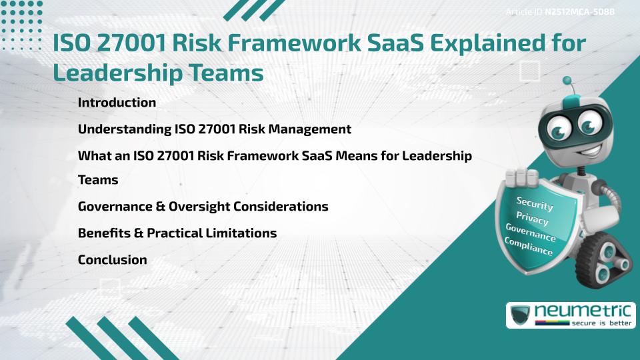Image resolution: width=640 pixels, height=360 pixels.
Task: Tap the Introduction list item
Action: click(117, 103)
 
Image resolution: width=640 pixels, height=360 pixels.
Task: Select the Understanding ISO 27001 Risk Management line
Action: click(214, 129)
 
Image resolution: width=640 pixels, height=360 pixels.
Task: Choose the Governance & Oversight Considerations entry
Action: click(203, 207)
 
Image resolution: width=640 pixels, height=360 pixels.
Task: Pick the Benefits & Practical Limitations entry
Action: click(177, 233)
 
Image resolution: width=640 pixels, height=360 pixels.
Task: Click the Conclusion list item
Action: click(112, 260)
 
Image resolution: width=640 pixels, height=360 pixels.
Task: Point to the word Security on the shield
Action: click(535, 203)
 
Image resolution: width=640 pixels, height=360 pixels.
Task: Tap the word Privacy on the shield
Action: click(532, 218)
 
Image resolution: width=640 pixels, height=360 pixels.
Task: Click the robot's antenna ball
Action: click(567, 81)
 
